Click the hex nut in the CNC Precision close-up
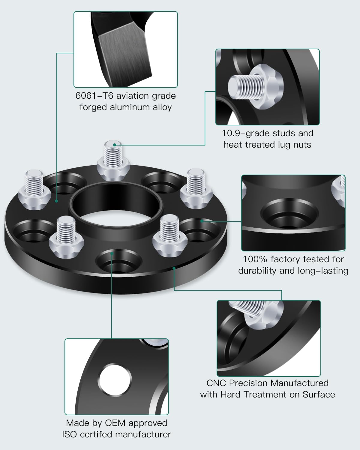click(264, 315)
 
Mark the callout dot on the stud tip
click(114, 145)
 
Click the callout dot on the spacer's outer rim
click(174, 268)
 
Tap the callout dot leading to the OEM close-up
click(112, 253)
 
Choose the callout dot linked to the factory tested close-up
click(202, 221)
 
